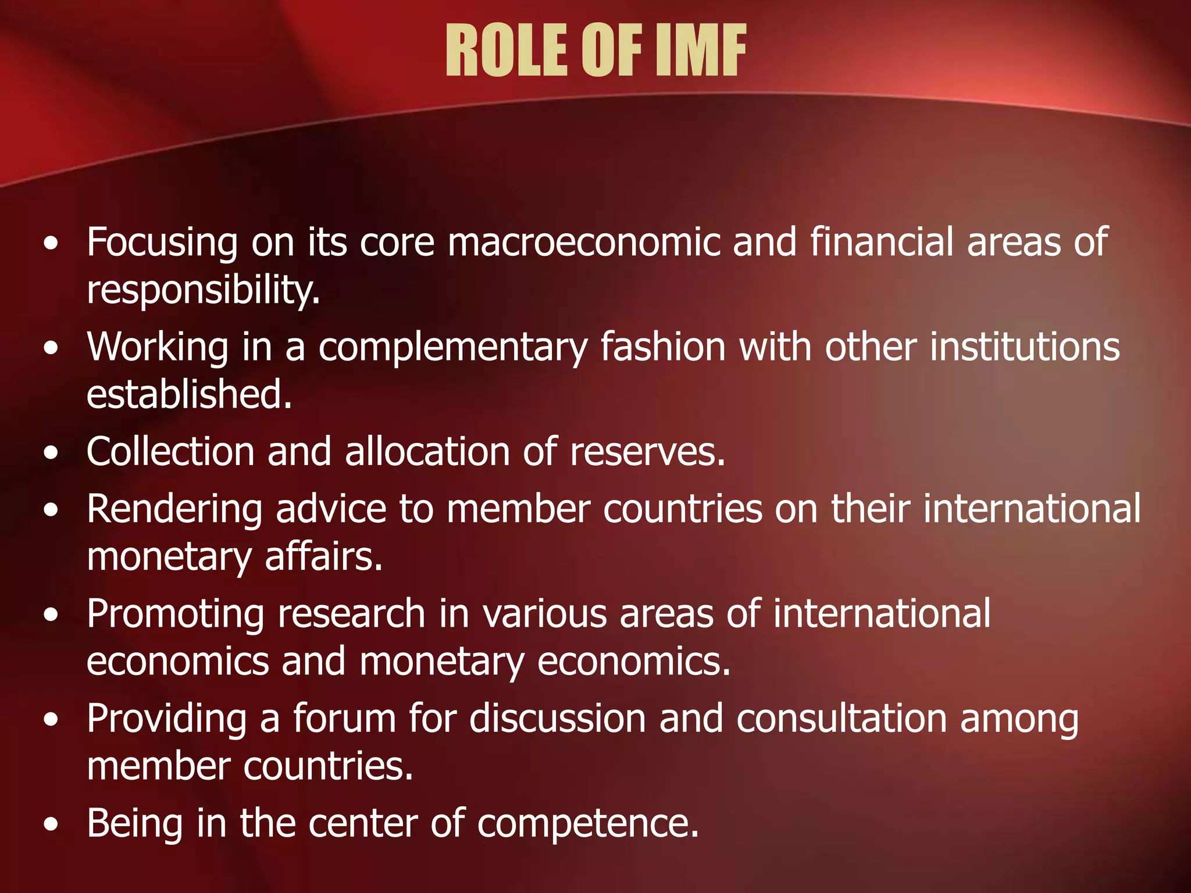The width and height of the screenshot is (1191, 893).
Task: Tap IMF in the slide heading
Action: [x=700, y=51]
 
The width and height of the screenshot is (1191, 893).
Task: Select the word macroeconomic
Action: [x=583, y=242]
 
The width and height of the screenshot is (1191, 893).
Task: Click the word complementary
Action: [x=453, y=347]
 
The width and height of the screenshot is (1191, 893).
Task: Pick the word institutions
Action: [x=1025, y=347]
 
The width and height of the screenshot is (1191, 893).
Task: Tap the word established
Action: [x=189, y=394]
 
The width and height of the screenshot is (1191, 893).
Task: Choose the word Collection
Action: [x=170, y=452]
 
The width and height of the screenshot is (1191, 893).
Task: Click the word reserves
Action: [x=647, y=452]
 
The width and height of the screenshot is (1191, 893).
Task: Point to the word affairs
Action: [x=323, y=556]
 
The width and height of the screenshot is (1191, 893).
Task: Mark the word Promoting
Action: [x=176, y=615]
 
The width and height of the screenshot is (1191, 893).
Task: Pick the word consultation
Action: [x=841, y=719]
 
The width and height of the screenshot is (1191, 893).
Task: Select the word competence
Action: [x=587, y=823]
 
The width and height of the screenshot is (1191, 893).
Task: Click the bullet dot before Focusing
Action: [x=51, y=244]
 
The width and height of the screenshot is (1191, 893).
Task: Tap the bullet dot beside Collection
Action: [x=51, y=453]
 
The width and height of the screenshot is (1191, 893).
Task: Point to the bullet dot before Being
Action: [x=51, y=825]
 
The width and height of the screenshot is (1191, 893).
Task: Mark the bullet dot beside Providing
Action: [x=51, y=721]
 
